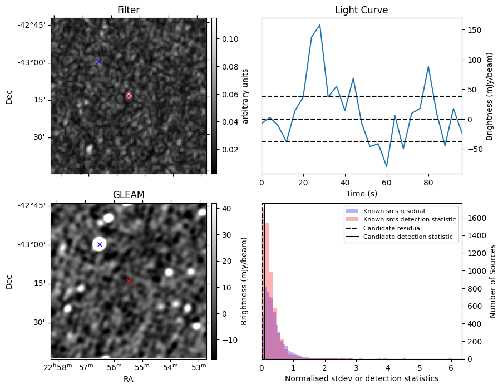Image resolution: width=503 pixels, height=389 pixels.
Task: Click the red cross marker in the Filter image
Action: point(129,96)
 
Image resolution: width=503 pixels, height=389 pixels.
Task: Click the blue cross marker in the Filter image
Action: point(98,61)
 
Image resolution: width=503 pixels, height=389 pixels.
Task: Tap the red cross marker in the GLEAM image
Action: point(129,281)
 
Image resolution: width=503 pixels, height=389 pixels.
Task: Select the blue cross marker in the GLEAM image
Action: point(100,244)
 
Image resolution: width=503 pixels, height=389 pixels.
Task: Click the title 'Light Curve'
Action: point(361,10)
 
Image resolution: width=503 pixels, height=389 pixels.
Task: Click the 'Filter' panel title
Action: point(129,10)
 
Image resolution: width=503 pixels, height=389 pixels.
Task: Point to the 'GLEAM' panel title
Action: point(129,194)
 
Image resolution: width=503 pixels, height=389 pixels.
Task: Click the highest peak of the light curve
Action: point(320,25)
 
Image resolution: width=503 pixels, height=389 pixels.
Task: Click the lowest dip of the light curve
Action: point(387,166)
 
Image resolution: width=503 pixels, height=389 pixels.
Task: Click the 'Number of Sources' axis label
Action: point(493,281)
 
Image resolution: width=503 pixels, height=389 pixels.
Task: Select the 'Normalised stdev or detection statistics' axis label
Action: point(361,378)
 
